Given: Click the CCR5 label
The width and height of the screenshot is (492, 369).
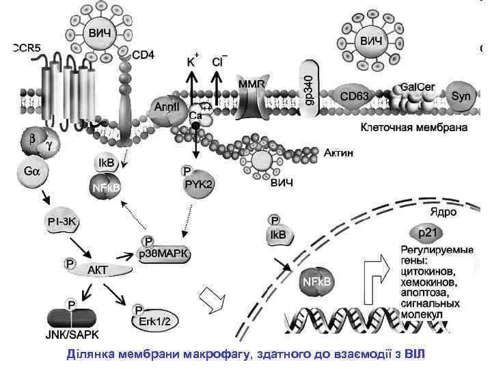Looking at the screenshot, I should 27,49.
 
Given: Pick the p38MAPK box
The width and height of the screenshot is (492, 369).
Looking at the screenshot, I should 165,253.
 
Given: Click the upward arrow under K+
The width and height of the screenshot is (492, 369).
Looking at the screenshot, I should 192,89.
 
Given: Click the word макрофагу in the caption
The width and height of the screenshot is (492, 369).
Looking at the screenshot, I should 213,354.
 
